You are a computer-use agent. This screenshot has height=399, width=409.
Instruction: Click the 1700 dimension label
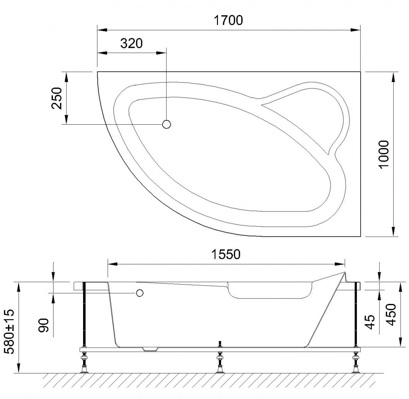(228, 20)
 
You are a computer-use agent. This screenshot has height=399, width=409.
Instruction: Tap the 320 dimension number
(131, 43)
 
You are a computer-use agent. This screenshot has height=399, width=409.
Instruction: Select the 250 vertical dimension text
(57, 98)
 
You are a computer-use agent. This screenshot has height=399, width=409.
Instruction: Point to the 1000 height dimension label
(384, 154)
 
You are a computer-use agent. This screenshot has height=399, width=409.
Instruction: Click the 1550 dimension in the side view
(226, 254)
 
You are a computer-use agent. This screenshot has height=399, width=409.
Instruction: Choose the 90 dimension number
(44, 326)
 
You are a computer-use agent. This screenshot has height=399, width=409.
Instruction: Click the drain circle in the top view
(166, 124)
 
